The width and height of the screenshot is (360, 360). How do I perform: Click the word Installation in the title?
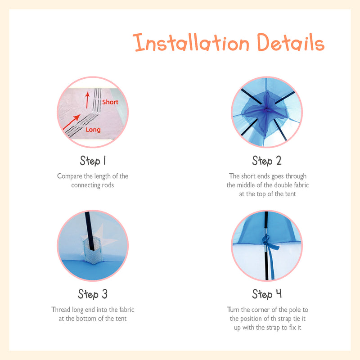[191, 42]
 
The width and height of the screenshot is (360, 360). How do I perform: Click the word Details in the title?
[291, 42]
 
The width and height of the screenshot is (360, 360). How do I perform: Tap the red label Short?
[110, 102]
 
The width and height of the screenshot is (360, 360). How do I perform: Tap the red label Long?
[93, 130]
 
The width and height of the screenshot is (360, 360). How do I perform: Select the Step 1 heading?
[93, 160]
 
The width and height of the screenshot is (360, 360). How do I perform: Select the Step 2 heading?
[267, 160]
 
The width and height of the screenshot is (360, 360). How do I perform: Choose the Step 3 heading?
[93, 294]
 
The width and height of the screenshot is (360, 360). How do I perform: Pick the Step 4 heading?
[267, 294]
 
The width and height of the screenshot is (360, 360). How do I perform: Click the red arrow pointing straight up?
[87, 100]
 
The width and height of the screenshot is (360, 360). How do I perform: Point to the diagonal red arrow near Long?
[72, 122]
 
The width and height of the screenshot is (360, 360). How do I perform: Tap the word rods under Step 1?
[108, 185]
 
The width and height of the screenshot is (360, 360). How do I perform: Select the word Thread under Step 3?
[61, 310]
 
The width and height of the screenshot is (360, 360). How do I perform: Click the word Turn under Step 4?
[233, 310]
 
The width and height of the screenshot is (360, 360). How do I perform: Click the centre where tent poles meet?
[266, 108]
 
